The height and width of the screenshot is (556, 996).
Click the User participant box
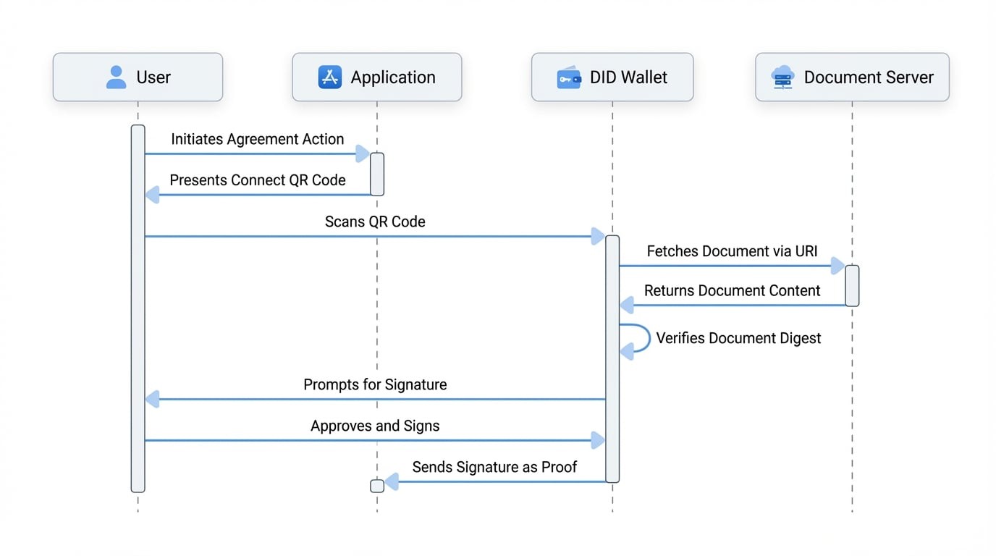[138, 77]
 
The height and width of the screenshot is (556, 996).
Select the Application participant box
[376, 77]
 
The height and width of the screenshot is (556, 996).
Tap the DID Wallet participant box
[612, 77]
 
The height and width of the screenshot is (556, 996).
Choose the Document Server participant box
[852, 77]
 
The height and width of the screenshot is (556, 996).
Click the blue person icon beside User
[116, 77]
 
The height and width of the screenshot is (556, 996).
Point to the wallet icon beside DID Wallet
[568, 77]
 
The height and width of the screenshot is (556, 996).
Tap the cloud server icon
[783, 77]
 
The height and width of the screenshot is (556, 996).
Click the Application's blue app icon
[329, 77]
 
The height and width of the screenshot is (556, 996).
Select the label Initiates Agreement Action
[257, 139]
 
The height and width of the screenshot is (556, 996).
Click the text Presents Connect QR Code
[257, 180]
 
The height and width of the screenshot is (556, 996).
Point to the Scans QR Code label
[375, 222]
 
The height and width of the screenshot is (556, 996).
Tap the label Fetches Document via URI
[732, 251]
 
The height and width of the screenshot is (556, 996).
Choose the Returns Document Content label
[732, 290]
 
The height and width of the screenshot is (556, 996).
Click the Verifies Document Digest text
[738, 338]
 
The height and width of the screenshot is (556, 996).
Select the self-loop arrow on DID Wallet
[637, 338]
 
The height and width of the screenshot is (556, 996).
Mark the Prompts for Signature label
[375, 384]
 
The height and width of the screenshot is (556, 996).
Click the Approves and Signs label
[375, 426]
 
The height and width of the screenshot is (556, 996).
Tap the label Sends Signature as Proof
[494, 467]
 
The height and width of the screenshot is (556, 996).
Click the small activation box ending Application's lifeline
[377, 486]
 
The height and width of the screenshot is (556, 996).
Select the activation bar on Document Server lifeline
[852, 285]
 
